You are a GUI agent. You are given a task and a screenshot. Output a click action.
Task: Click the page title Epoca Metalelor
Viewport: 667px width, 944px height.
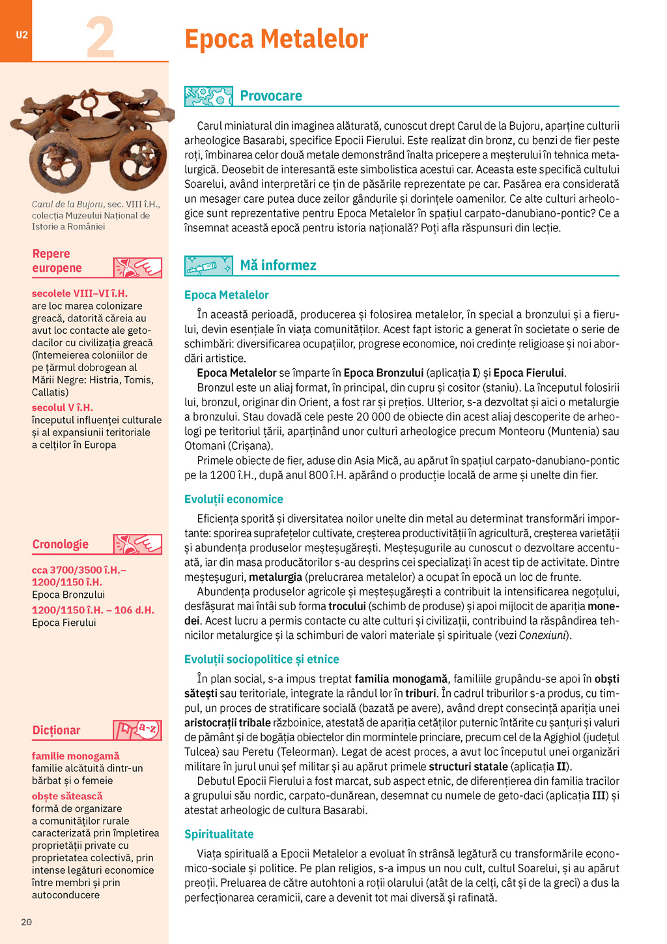pyautogui.click(x=276, y=39)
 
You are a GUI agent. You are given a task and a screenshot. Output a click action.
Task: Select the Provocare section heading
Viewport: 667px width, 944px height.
pyautogui.click(x=271, y=96)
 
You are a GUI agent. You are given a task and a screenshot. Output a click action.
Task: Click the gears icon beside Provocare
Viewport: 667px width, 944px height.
pyautogui.click(x=208, y=96)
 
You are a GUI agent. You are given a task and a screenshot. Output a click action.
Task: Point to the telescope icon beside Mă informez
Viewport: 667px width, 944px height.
pyautogui.click(x=208, y=265)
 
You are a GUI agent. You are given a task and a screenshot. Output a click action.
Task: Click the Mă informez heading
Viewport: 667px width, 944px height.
pyautogui.click(x=278, y=265)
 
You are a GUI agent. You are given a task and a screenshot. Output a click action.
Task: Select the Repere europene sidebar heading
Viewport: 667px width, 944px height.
pyautogui.click(x=57, y=261)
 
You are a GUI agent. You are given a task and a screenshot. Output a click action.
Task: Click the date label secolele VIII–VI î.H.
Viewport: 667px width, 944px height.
pyautogui.click(x=79, y=293)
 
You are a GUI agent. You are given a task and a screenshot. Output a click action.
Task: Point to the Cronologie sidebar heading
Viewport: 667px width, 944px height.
pyautogui.click(x=61, y=544)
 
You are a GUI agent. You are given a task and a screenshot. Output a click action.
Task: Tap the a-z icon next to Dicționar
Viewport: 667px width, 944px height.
pyautogui.click(x=137, y=730)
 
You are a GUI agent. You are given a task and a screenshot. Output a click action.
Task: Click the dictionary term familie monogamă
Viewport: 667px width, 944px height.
pyautogui.click(x=76, y=756)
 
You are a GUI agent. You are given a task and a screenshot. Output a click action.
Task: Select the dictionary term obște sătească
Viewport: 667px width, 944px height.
pyautogui.click(x=67, y=796)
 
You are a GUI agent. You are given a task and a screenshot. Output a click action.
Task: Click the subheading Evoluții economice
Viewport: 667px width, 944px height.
pyautogui.click(x=234, y=499)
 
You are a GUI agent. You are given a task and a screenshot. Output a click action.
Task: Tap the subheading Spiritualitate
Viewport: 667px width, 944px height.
pyautogui.click(x=219, y=834)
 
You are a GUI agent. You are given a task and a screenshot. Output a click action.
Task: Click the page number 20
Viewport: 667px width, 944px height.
pyautogui.click(x=26, y=922)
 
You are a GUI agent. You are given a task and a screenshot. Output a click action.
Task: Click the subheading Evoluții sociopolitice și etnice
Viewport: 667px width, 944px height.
pyautogui.click(x=261, y=659)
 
